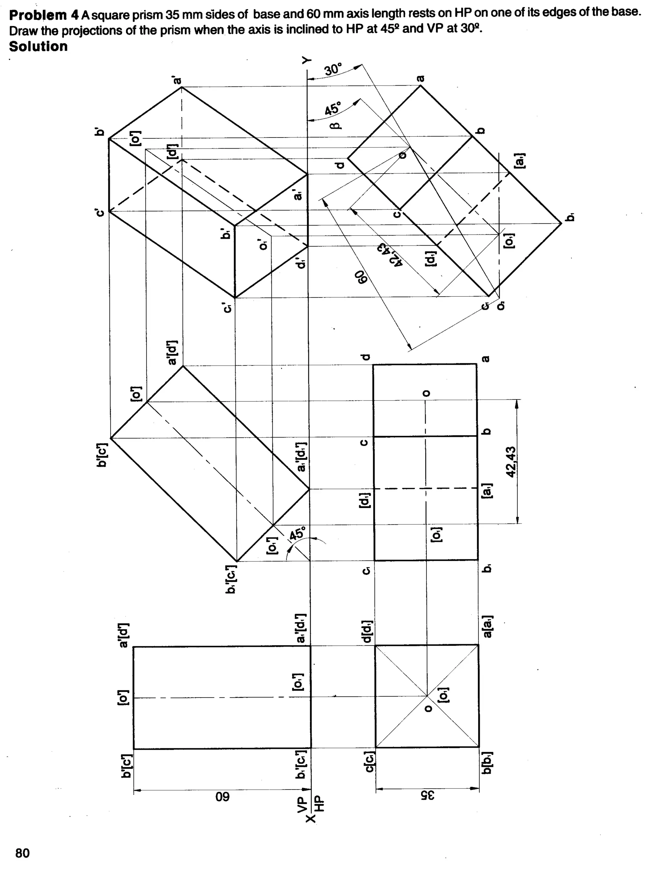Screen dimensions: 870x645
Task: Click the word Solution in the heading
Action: [38, 47]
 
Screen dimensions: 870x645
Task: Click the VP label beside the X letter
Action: [302, 804]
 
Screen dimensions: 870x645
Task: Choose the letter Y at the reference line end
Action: [307, 60]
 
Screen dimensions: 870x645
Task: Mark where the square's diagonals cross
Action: [427, 695]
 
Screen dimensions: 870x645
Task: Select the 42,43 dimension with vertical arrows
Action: [511, 462]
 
